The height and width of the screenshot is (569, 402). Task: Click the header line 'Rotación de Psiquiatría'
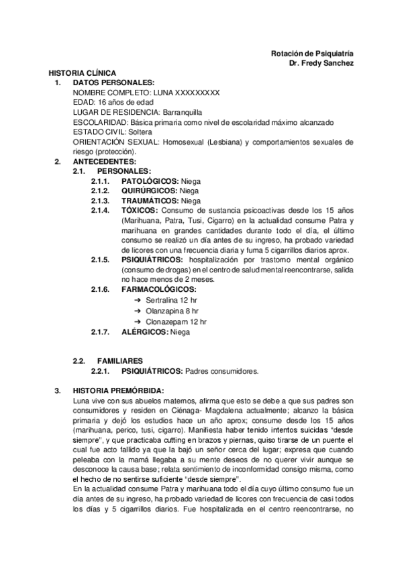pyautogui.click(x=312, y=53)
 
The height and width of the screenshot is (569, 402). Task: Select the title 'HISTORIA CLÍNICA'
pyautogui.click(x=82, y=72)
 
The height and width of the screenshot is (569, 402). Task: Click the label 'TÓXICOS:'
pyautogui.click(x=140, y=211)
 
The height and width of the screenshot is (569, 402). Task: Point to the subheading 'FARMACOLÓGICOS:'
pyautogui.click(x=159, y=290)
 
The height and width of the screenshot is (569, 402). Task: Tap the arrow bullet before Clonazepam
pyautogui.click(x=138, y=321)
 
